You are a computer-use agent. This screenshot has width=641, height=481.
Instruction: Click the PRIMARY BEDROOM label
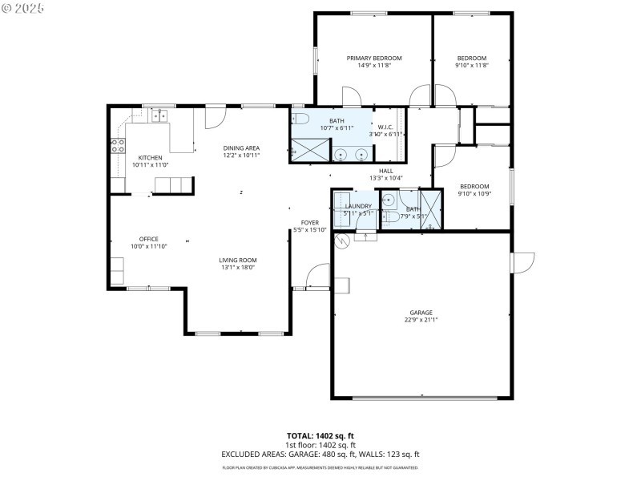click(373, 59)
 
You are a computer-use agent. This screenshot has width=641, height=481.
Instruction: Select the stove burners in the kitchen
click(117, 146)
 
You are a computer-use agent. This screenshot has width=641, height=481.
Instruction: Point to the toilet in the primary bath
click(301, 120)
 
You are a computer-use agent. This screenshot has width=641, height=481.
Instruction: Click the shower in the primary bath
click(309, 150)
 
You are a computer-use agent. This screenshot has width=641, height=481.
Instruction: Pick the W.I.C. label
click(384, 126)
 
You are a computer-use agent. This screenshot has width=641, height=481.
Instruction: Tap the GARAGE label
click(421, 313)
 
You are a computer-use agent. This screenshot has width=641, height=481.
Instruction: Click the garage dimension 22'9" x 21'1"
click(421, 320)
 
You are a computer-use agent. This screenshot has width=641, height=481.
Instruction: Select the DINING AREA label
click(241, 148)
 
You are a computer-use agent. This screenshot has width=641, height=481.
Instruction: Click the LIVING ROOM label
click(237, 260)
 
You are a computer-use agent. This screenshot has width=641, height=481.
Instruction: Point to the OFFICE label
click(148, 239)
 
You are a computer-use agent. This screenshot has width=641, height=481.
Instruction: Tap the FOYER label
click(309, 222)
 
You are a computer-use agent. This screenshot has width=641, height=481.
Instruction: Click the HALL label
click(385, 171)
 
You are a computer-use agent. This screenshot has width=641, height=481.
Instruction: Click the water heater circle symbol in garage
click(341, 240)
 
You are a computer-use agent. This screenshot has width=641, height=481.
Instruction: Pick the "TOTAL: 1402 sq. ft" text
click(320, 437)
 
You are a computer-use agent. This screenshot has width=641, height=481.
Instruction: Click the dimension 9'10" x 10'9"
click(473, 194)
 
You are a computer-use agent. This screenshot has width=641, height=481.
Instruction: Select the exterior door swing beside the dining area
click(215, 117)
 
